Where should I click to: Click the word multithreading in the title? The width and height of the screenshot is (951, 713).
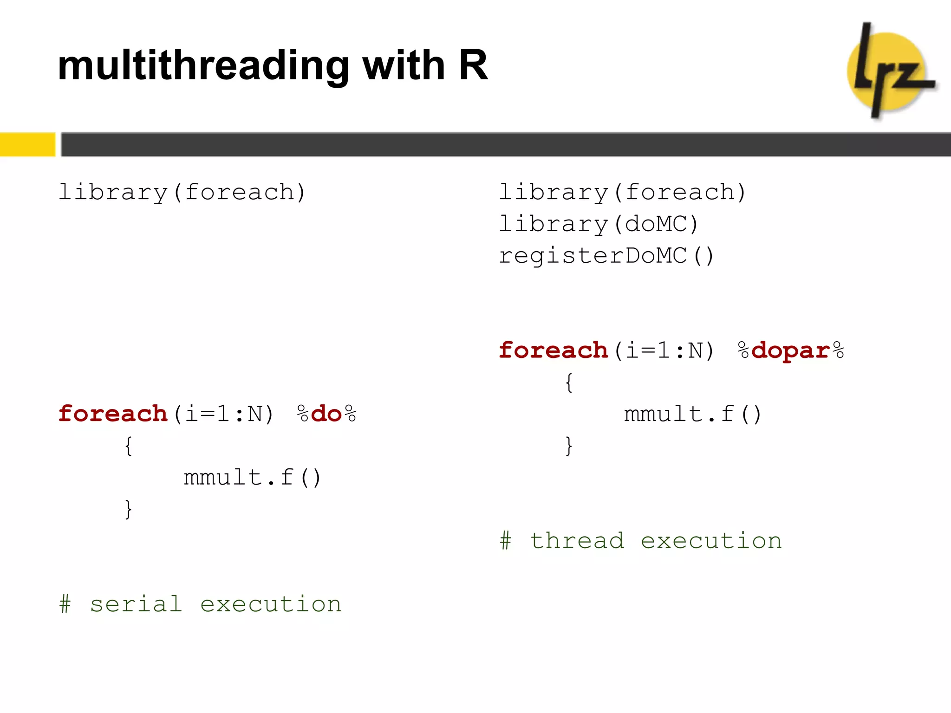[203, 66]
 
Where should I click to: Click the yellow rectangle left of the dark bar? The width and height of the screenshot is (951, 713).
[27, 144]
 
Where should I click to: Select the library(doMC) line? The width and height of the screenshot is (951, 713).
[599, 224]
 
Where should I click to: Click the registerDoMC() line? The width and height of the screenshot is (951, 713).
[606, 256]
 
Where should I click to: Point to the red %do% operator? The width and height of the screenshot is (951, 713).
[326, 414]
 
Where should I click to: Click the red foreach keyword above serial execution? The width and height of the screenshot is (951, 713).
[113, 414]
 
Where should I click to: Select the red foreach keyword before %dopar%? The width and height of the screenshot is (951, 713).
[553, 350]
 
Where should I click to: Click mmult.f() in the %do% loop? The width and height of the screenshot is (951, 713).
[252, 478]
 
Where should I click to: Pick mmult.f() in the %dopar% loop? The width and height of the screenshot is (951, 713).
[692, 414]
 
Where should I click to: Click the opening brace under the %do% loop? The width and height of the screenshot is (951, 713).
[129, 446]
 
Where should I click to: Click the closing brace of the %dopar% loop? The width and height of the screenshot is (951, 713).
[569, 446]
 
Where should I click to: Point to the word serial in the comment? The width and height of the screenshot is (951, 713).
[136, 604]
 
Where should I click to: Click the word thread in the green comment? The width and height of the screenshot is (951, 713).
[577, 541]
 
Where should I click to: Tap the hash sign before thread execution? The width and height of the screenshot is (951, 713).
[506, 541]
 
